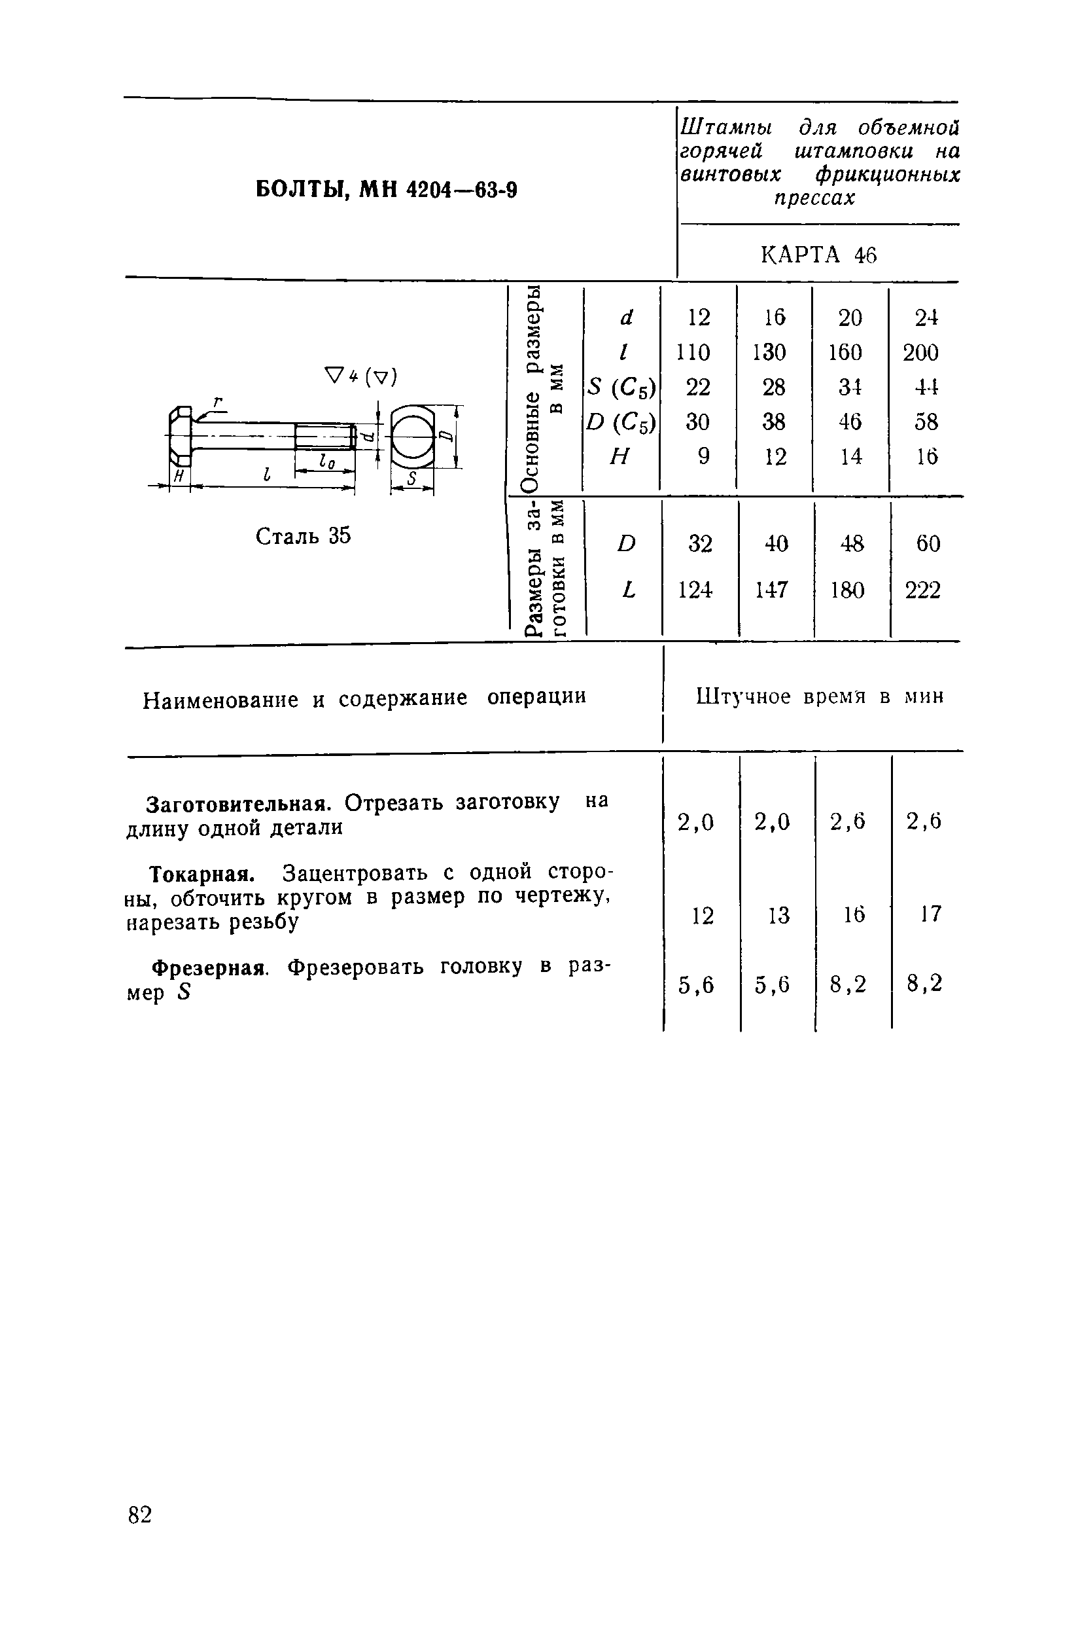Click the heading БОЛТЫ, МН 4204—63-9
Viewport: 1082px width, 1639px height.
(x=386, y=189)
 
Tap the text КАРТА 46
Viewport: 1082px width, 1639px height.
(x=818, y=255)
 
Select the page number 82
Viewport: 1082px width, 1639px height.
(x=139, y=1515)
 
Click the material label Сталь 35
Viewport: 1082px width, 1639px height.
(x=303, y=535)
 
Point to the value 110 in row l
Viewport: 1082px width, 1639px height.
(x=693, y=352)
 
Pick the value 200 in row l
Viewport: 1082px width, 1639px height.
(x=920, y=353)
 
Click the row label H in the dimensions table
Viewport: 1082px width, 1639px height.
(x=620, y=456)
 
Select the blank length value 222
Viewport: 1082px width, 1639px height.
(x=922, y=590)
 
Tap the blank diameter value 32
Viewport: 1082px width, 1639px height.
(x=700, y=544)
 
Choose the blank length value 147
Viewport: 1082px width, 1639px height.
(x=771, y=590)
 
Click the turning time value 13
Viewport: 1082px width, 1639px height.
(x=778, y=916)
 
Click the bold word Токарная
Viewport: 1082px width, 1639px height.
(x=203, y=874)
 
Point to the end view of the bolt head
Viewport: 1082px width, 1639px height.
(x=412, y=438)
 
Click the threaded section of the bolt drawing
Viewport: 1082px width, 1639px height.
(x=324, y=437)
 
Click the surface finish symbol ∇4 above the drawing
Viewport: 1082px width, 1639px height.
(x=341, y=377)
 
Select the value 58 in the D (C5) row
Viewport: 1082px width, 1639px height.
(x=926, y=421)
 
